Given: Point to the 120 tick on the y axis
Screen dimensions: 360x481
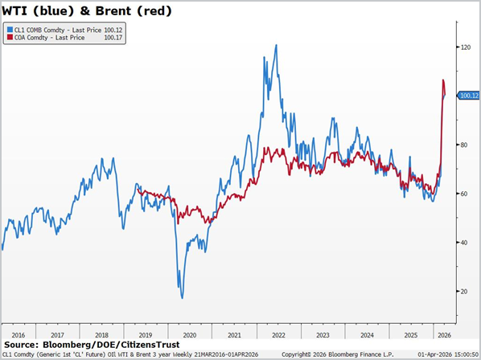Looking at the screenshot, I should pyautogui.click(x=464, y=47).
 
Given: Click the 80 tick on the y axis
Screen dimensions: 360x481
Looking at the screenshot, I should pyautogui.click(x=463, y=145).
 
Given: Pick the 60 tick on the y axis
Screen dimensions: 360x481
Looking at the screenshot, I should pyautogui.click(x=463, y=194).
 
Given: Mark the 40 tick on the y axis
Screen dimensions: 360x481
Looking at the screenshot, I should pyautogui.click(x=463, y=243).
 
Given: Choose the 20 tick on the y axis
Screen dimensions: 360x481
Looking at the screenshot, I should pyautogui.click(x=463, y=292).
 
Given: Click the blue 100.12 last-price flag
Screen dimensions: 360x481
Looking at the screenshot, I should pyautogui.click(x=467, y=96).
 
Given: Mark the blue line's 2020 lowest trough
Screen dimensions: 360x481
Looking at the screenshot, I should pyautogui.click(x=182, y=298).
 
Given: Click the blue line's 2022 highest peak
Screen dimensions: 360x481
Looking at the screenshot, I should pyautogui.click(x=276, y=46).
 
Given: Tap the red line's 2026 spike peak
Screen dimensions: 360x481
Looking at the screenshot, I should pyautogui.click(x=443, y=80).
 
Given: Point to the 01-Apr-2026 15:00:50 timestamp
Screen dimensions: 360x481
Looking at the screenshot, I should pyautogui.click(x=444, y=354).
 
